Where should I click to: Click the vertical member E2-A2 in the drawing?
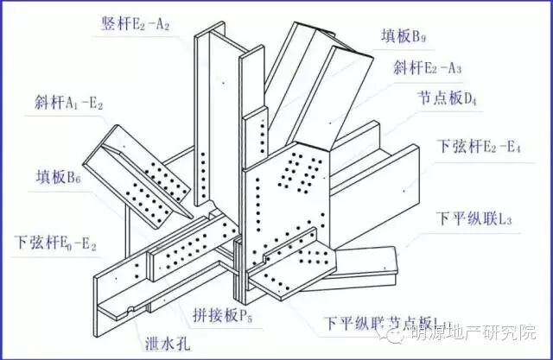212,112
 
